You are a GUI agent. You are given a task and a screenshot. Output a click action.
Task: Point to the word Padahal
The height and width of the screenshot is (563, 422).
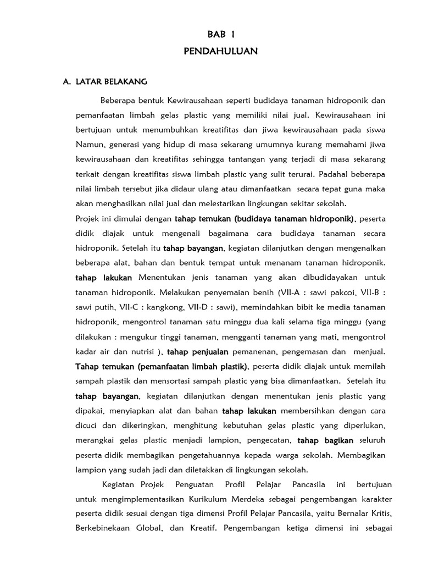point(337,174)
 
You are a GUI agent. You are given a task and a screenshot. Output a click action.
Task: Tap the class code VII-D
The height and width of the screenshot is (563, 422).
point(210,306)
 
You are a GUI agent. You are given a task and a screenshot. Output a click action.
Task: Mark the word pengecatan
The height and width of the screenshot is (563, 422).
point(265,440)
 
